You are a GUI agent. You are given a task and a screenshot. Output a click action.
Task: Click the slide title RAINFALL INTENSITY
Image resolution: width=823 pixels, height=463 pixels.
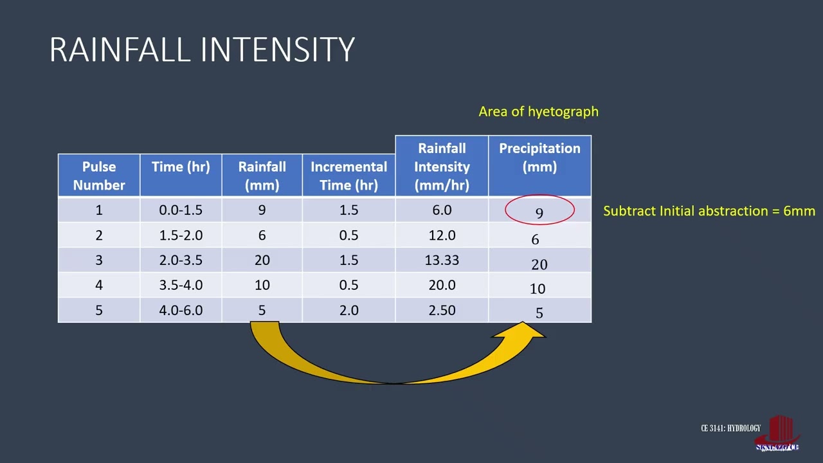click(x=202, y=50)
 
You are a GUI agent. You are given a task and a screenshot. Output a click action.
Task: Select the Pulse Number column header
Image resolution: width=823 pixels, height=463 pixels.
click(x=99, y=176)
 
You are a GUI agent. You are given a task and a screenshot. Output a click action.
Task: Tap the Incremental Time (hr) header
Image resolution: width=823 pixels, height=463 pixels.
click(x=348, y=176)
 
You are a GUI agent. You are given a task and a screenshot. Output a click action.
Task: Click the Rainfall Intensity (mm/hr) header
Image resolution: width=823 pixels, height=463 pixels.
click(x=442, y=167)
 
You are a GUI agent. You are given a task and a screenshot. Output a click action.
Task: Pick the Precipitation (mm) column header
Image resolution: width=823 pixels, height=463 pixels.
click(x=539, y=158)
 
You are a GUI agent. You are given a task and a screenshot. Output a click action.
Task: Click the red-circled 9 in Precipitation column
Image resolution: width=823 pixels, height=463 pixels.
click(x=539, y=212)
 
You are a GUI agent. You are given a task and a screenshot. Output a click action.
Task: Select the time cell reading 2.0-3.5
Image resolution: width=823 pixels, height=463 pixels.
click(x=181, y=260)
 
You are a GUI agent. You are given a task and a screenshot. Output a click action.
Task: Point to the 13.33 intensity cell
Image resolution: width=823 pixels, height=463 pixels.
click(x=442, y=260)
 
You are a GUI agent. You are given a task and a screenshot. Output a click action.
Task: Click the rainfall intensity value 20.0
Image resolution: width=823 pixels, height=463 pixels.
click(x=442, y=286)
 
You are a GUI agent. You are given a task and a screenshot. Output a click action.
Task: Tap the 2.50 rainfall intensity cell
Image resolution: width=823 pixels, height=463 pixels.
click(x=442, y=311)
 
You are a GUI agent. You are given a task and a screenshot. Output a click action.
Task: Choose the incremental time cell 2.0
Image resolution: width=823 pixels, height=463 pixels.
click(x=348, y=311)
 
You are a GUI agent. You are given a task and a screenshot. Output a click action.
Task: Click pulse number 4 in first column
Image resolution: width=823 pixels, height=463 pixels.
click(x=99, y=286)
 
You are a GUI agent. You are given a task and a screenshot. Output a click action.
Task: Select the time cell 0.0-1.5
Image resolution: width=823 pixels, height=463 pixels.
click(x=181, y=210)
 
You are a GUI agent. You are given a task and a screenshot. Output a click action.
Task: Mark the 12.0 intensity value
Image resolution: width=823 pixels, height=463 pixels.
click(x=442, y=235)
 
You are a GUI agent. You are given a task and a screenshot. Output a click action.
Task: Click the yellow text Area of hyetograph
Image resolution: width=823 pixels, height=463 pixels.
click(x=538, y=111)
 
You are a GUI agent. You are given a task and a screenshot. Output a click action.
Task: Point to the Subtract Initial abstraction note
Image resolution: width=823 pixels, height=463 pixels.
click(x=709, y=211)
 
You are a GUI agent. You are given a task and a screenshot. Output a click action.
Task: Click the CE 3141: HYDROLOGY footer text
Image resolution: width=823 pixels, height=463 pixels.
click(x=730, y=428)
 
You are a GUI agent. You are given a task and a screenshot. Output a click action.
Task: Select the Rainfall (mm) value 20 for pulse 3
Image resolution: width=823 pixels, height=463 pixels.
click(x=262, y=260)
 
